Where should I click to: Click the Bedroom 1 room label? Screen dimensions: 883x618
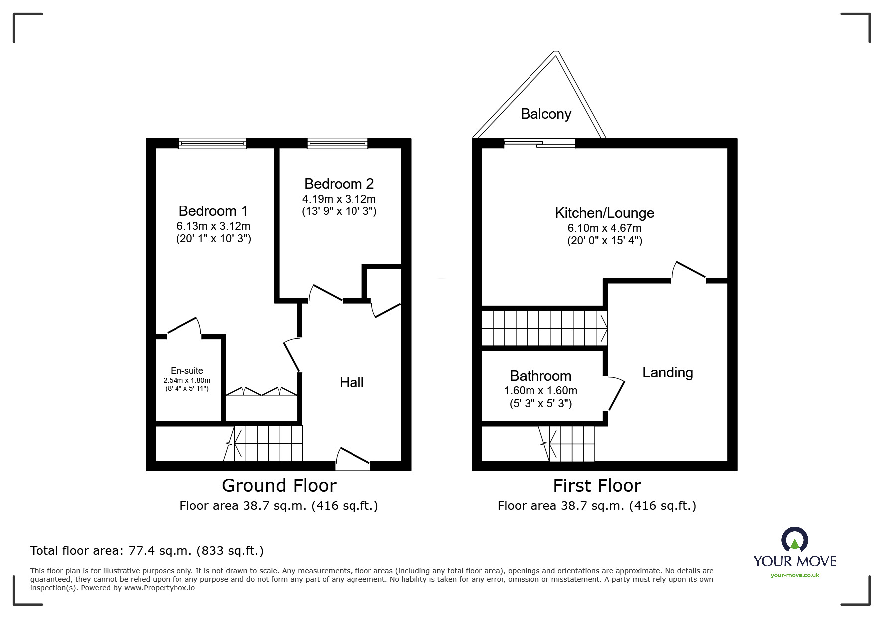(213, 211)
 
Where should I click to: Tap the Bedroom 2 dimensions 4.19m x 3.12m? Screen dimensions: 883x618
(339, 199)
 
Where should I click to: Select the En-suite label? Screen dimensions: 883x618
(187, 371)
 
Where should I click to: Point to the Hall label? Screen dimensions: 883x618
(352, 382)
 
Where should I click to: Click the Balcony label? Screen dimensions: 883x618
(546, 114)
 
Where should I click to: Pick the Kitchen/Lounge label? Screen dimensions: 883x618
(605, 213)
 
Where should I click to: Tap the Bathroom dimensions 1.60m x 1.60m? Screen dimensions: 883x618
(540, 391)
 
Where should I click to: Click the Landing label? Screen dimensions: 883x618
(668, 373)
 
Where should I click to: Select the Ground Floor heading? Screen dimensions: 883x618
(279, 485)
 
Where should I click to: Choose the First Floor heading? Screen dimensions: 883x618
(597, 485)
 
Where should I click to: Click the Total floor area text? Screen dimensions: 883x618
(147, 551)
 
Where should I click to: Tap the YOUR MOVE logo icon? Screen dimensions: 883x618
(794, 540)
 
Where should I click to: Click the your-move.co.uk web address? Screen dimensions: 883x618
(795, 575)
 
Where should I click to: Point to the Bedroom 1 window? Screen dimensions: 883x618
(213, 144)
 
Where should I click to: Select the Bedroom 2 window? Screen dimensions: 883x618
(338, 144)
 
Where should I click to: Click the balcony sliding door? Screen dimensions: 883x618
(539, 144)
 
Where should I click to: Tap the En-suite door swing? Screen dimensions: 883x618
(183, 325)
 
